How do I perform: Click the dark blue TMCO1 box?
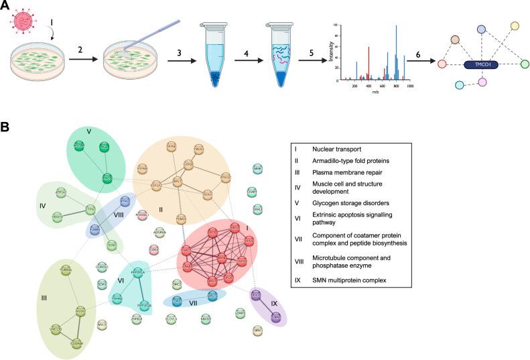(x=482, y=64)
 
